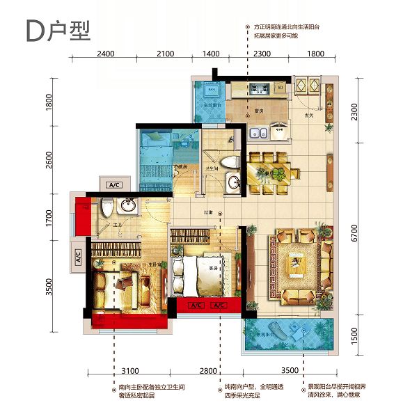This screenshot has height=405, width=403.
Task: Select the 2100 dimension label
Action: click(x=165, y=53)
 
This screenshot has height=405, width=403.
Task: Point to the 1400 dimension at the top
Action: click(x=211, y=53)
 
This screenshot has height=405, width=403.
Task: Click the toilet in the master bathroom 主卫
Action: click(x=106, y=207)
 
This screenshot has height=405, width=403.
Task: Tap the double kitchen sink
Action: click(x=255, y=132)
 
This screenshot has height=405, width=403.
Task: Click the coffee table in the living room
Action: click(x=297, y=268)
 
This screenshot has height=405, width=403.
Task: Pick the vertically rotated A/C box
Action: click(x=78, y=256)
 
